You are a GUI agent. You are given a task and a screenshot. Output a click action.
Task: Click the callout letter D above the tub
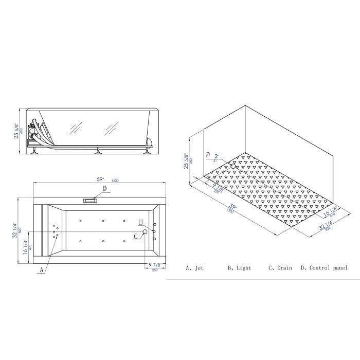(104, 189)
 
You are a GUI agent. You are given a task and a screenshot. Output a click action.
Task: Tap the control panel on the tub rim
(91, 200)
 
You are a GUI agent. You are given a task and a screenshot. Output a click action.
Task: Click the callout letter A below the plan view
(42, 269)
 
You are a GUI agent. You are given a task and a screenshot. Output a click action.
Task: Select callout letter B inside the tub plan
(140, 222)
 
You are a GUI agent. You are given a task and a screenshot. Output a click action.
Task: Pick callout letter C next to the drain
(135, 236)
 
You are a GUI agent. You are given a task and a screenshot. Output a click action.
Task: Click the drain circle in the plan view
(145, 232)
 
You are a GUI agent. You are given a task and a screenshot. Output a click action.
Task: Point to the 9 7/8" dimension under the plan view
(154, 265)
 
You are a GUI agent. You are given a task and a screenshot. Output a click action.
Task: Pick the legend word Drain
(284, 268)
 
